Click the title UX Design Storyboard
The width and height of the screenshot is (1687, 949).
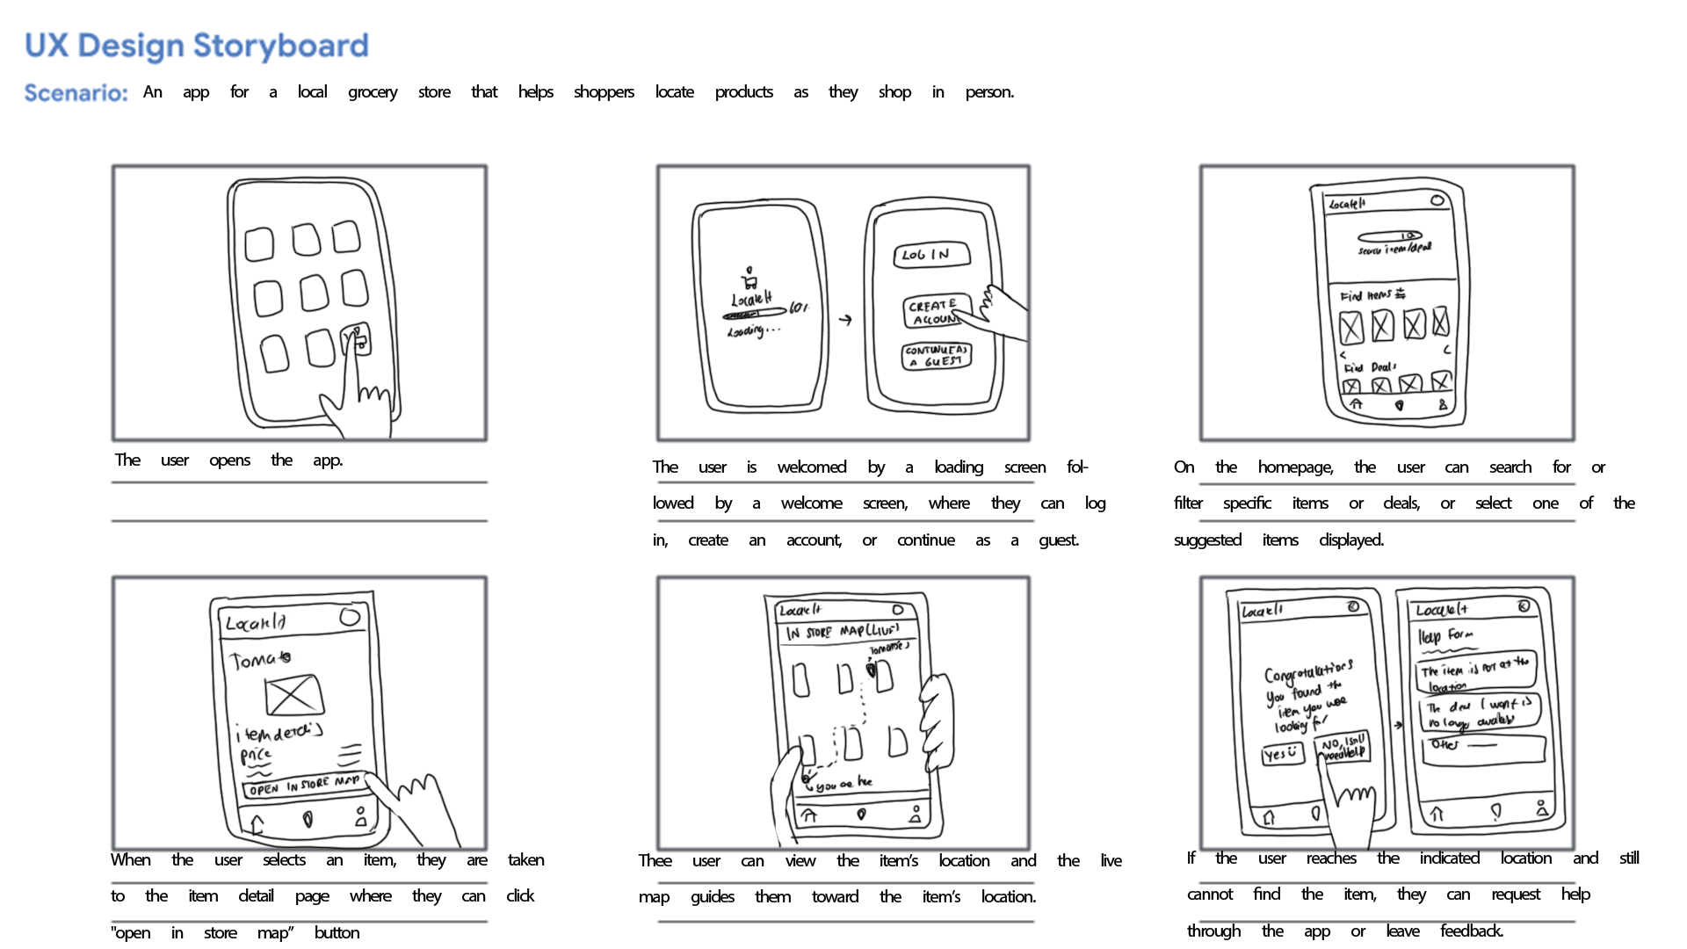click(197, 46)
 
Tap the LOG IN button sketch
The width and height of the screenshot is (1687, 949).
click(931, 254)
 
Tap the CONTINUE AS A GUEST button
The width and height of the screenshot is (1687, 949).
click(937, 356)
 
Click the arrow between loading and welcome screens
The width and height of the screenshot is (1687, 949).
click(845, 320)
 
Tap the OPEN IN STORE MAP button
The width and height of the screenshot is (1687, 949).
click(303, 785)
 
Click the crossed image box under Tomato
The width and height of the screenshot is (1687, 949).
click(293, 695)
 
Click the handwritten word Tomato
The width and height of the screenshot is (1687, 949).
click(260, 659)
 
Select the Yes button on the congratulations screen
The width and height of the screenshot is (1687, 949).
click(1282, 754)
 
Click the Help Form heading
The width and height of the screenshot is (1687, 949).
click(1445, 635)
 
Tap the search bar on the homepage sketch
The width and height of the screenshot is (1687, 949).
click(1390, 236)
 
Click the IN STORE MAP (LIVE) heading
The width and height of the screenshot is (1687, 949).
click(843, 632)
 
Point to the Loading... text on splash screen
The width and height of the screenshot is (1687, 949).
click(752, 331)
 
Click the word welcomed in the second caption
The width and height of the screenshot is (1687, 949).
click(811, 467)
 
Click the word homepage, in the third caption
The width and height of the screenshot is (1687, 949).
click(1295, 467)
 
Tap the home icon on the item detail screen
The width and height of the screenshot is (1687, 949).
click(257, 823)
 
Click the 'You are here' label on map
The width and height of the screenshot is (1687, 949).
click(843, 784)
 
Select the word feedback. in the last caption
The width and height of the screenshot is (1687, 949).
click(1472, 931)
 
